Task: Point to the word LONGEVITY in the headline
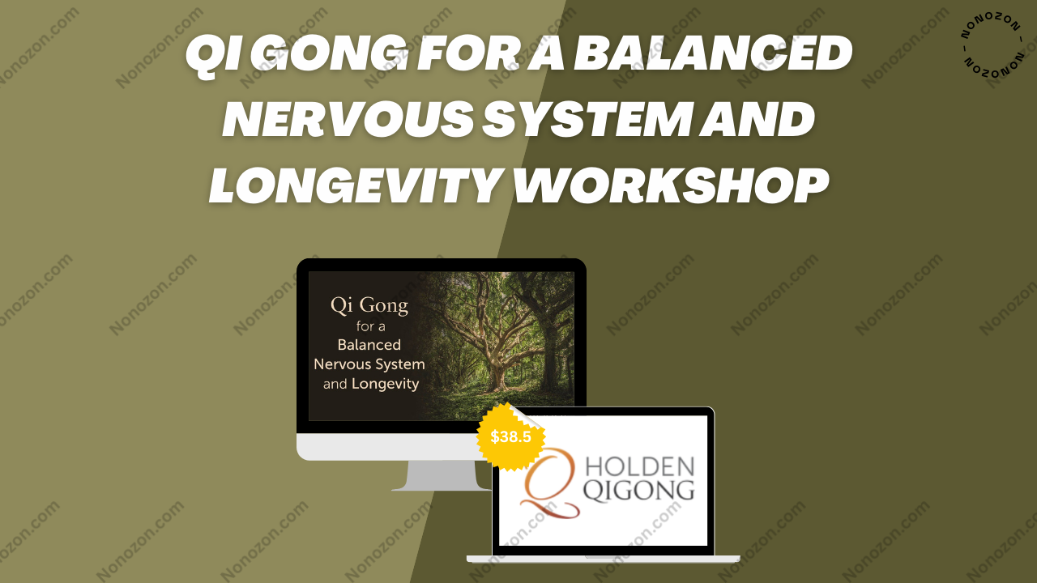(356, 185)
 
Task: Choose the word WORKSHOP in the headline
(671, 185)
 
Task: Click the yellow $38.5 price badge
(510, 436)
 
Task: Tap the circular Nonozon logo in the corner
(992, 45)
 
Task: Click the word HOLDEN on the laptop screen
(640, 467)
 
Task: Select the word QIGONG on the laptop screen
(639, 492)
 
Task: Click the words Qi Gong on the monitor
(369, 306)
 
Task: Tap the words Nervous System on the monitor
(369, 364)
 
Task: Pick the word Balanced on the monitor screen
(369, 345)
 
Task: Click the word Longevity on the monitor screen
(385, 384)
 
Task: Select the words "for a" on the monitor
(370, 326)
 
